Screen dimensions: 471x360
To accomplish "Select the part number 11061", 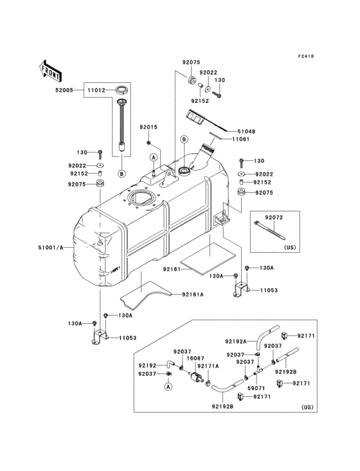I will click(240, 139).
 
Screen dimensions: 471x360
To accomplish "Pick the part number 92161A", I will click(192, 294).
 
